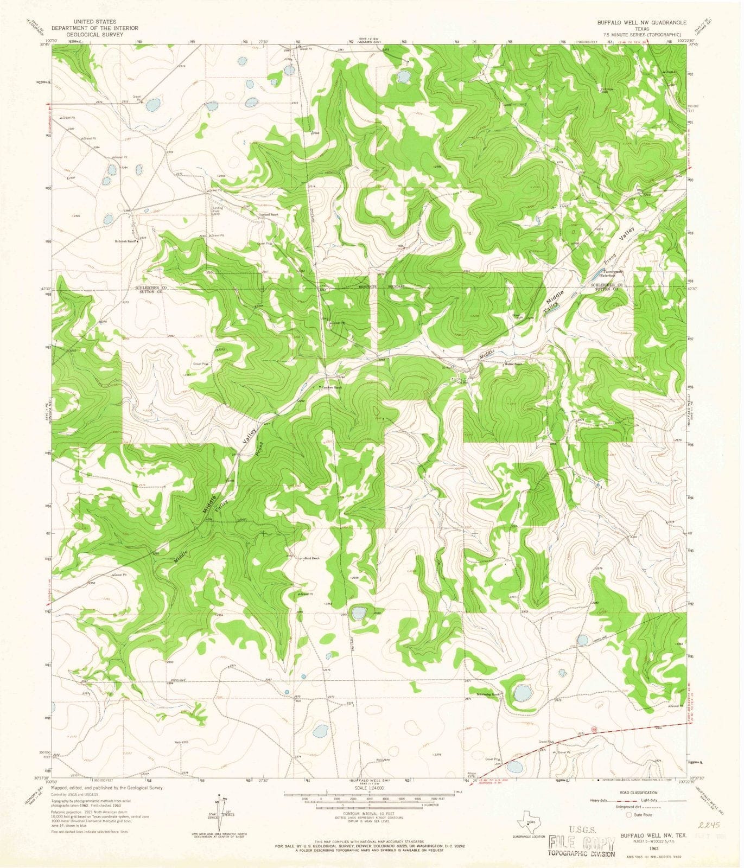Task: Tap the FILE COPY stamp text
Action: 581,828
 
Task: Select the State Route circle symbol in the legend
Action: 629,814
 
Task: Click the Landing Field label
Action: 217,210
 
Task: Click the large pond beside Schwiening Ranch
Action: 523,693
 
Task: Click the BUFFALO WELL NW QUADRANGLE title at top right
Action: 641,23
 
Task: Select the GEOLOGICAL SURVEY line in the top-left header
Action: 95,34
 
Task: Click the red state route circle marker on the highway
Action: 595,729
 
